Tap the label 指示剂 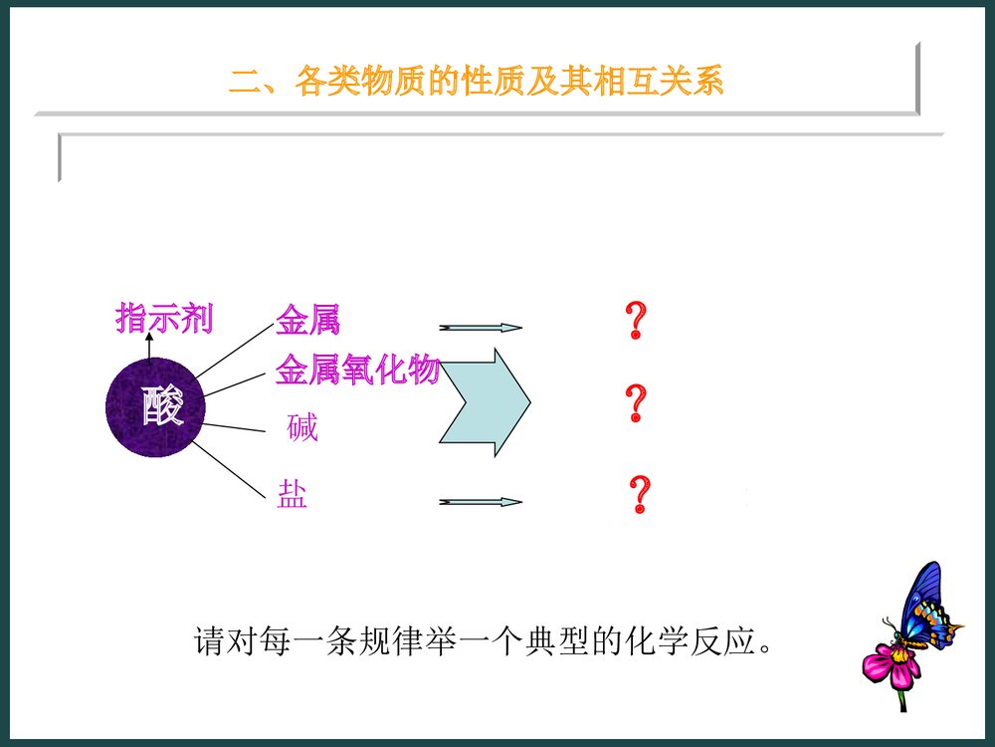(164, 319)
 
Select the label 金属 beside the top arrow (307, 321)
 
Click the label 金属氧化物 (357, 370)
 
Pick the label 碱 (301, 428)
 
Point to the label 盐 (292, 495)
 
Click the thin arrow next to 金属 (480, 327)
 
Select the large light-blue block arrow (486, 402)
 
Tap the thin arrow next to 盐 (480, 502)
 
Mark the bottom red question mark (640, 494)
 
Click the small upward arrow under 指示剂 (149, 346)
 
